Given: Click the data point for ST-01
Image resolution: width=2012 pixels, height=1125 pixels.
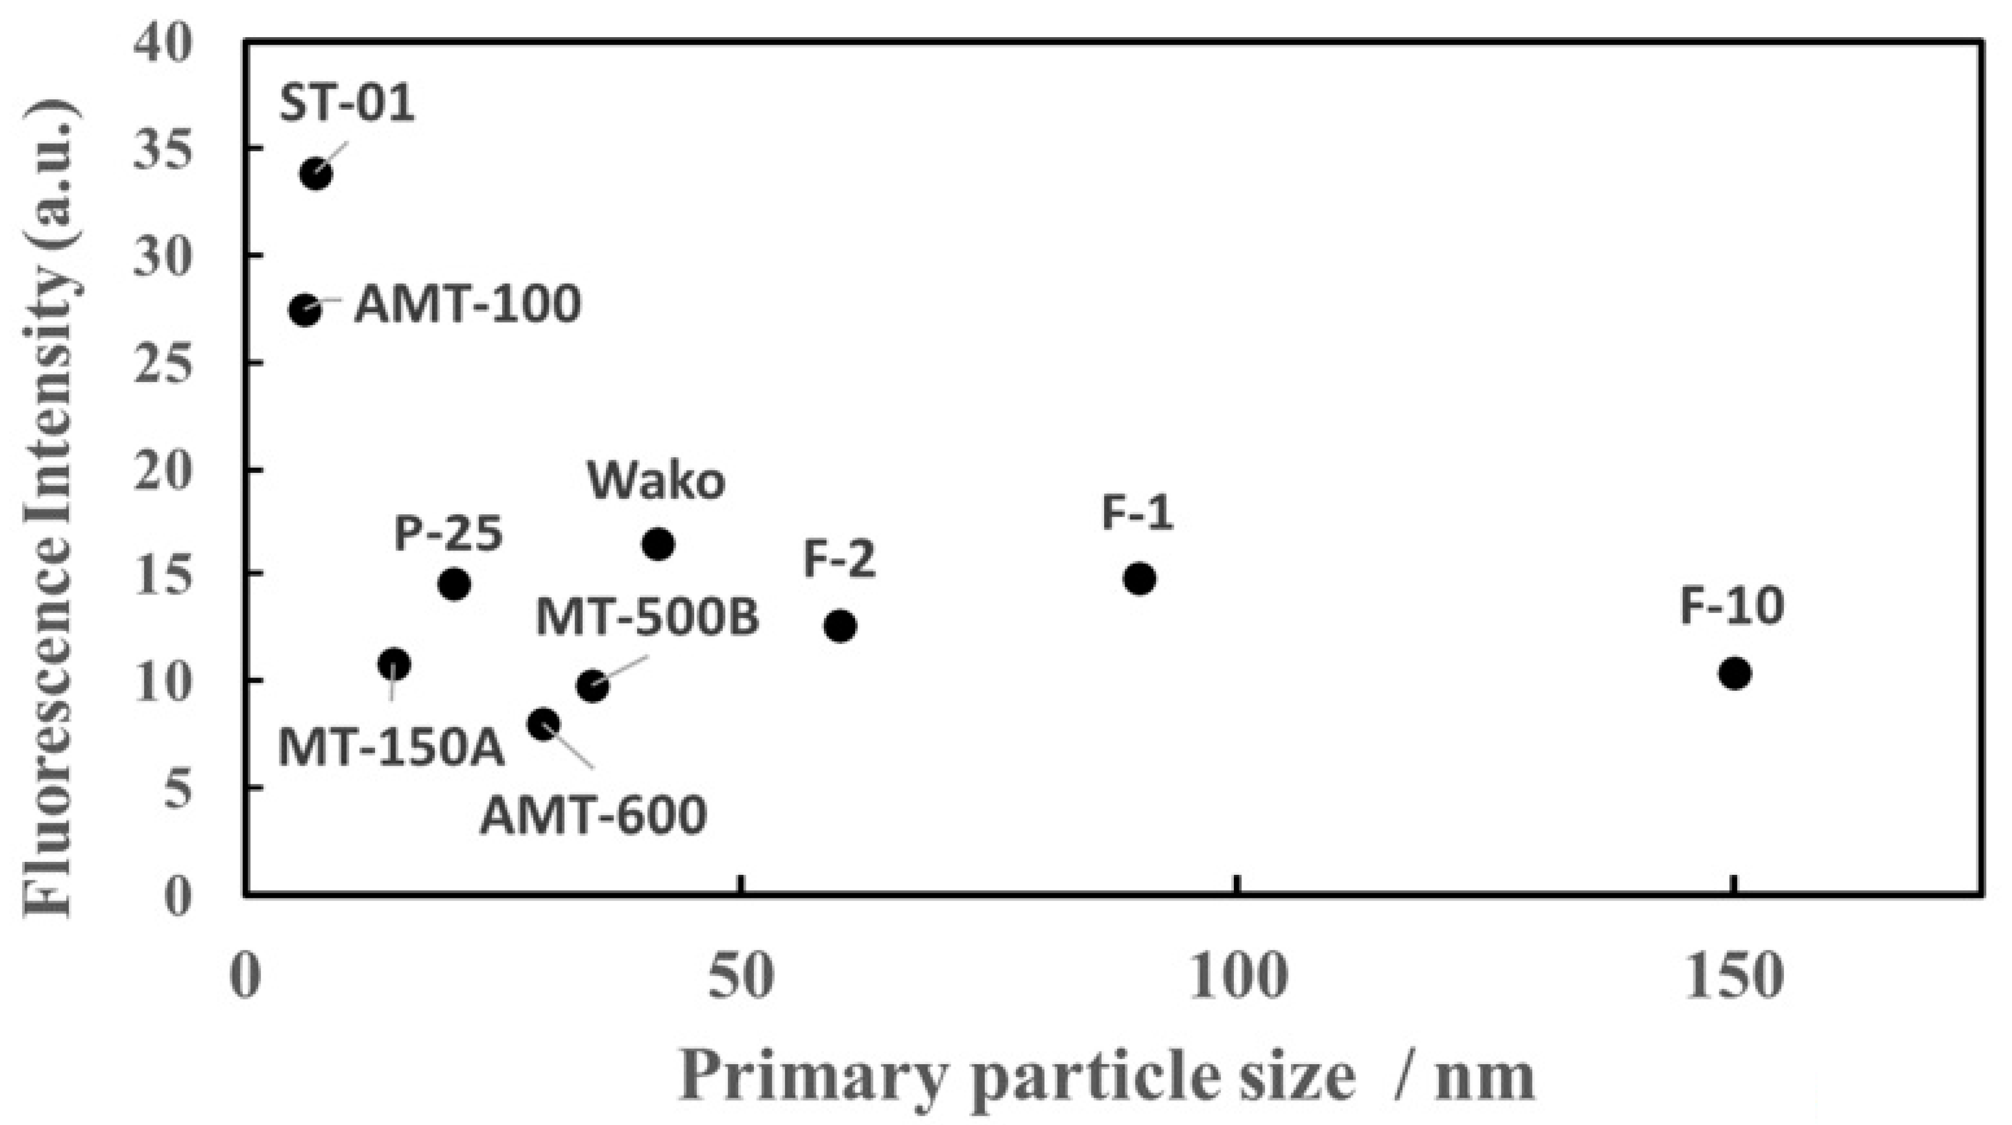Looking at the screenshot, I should tap(315, 173).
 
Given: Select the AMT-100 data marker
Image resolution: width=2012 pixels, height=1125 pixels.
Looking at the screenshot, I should tap(305, 310).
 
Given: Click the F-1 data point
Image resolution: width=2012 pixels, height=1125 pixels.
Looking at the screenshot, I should tap(1140, 578).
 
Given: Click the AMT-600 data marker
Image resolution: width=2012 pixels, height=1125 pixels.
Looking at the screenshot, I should tap(543, 724).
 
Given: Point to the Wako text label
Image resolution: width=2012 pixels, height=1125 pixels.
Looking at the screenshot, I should tap(656, 482).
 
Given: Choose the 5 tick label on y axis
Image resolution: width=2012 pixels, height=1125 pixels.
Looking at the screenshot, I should tap(178, 789).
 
